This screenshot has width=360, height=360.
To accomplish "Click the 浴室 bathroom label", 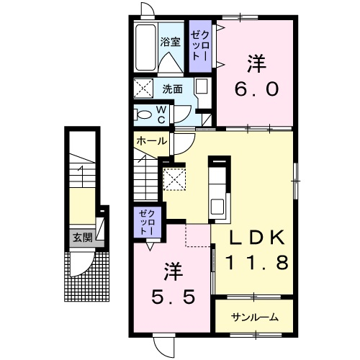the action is pyautogui.click(x=170, y=42).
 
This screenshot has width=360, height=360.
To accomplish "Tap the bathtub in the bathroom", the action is pyautogui.click(x=145, y=48).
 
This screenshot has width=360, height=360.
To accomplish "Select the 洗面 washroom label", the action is pyautogui.click(x=172, y=89).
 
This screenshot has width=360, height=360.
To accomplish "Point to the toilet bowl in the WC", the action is pyautogui.click(x=143, y=114).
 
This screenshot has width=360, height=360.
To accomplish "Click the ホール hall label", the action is pyautogui.click(x=152, y=141).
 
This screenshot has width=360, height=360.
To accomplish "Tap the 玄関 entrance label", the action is pyautogui.click(x=83, y=238).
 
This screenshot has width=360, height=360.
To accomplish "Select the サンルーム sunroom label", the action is pyautogui.click(x=255, y=318).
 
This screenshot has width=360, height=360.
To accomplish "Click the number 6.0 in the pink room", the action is pyautogui.click(x=256, y=89).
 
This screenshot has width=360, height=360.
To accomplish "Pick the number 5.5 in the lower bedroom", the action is pyautogui.click(x=173, y=297).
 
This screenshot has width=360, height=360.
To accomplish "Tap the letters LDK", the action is pyautogui.click(x=257, y=238).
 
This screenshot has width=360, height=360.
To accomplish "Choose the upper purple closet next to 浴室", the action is pyautogui.click(x=200, y=46).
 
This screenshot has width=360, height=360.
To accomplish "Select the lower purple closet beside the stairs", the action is pyautogui.click(x=147, y=222).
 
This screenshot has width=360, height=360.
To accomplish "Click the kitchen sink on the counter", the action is pyautogui.click(x=217, y=207).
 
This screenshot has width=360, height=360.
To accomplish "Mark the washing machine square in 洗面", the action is pyautogui.click(x=143, y=88).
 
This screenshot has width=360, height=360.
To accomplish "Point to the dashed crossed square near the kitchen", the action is pyautogui.click(x=174, y=179).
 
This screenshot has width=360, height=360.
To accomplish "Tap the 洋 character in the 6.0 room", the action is pyautogui.click(x=256, y=64).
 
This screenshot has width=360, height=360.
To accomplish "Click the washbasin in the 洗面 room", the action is pyautogui.click(x=201, y=86).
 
